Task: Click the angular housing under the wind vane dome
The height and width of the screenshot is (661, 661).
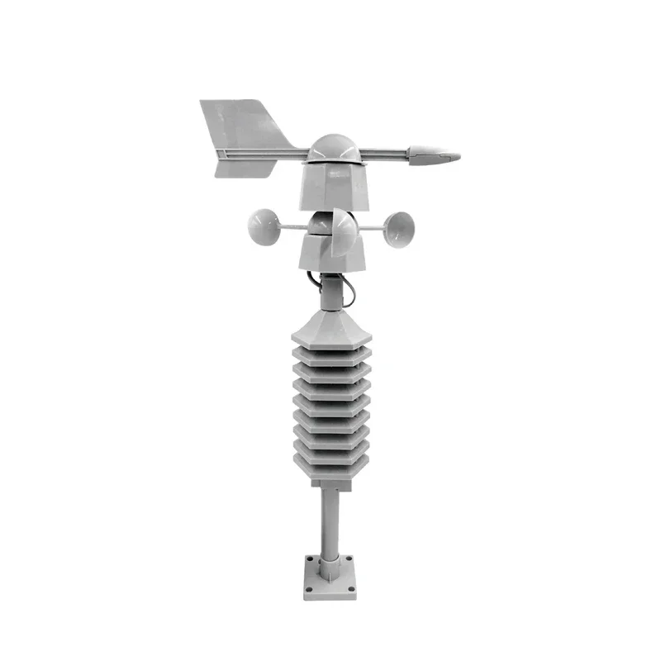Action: pyautogui.click(x=332, y=186)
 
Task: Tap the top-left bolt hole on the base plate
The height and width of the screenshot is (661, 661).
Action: pyautogui.click(x=310, y=559)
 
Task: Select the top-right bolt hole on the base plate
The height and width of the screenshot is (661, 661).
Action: pyautogui.click(x=349, y=559)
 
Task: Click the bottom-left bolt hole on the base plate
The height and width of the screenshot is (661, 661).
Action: pyautogui.click(x=309, y=589)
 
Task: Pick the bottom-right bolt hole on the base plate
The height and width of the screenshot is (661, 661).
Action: pyautogui.click(x=351, y=589)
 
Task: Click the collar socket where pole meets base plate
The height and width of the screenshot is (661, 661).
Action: pyautogui.click(x=330, y=570)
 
